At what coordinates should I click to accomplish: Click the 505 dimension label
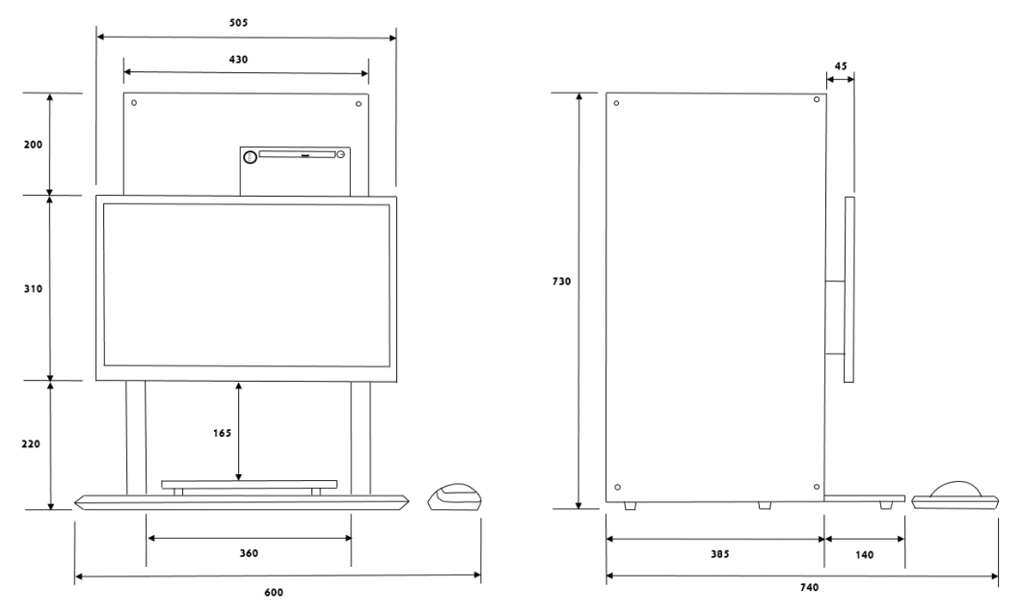tap(248, 20)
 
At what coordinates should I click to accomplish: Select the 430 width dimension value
tap(238, 59)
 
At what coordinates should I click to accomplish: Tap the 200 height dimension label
tap(34, 144)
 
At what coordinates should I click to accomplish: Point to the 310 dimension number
tap(34, 288)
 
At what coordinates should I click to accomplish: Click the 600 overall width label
tap(275, 591)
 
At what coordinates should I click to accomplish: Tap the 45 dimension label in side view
tap(840, 66)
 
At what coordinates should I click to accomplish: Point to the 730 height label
tap(562, 282)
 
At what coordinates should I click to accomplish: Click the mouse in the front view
tap(453, 497)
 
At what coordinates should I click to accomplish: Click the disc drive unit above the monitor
tap(294, 170)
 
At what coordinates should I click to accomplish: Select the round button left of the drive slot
tap(251, 156)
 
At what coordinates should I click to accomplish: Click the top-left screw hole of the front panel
tap(134, 103)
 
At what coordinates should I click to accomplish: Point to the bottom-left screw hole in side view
tap(618, 486)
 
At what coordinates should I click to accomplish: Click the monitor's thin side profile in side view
tap(848, 289)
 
